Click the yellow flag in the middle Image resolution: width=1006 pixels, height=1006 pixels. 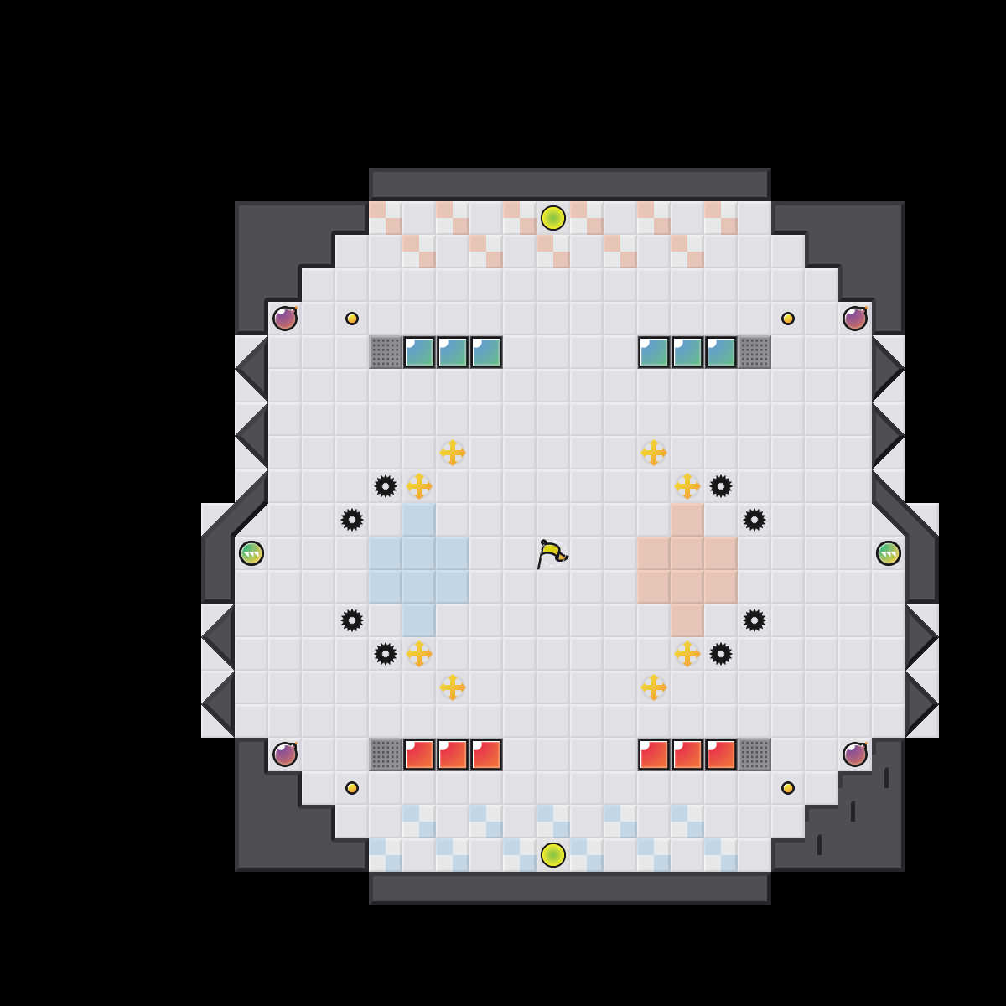(x=551, y=553)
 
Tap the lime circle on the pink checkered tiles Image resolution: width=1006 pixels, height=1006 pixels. (x=553, y=218)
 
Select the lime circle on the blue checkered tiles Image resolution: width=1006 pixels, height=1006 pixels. (x=553, y=855)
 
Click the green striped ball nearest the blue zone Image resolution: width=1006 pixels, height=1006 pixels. (x=251, y=553)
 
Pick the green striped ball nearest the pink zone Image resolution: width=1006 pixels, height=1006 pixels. (x=889, y=553)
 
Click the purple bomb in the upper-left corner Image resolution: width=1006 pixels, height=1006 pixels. (x=285, y=319)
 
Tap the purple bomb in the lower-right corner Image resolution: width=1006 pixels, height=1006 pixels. (x=855, y=754)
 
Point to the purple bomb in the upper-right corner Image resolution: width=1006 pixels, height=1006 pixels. (x=855, y=319)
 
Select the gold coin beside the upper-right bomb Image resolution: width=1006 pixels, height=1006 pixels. (x=788, y=319)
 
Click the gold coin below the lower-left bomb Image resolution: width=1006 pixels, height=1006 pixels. (x=352, y=788)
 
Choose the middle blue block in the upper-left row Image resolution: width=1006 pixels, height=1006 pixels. (x=453, y=352)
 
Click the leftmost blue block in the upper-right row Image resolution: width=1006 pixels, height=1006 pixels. (x=654, y=352)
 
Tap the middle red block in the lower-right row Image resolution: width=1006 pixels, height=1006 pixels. (x=687, y=754)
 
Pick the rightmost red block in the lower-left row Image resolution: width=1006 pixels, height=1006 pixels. (x=486, y=754)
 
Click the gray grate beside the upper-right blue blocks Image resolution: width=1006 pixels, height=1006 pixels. (x=754, y=352)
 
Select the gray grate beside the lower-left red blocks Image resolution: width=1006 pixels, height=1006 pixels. (x=386, y=754)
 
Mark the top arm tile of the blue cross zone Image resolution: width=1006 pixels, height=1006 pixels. (x=419, y=520)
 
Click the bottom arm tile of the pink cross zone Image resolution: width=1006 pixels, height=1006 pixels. (x=687, y=620)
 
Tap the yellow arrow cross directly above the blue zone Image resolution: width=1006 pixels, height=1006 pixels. (x=419, y=486)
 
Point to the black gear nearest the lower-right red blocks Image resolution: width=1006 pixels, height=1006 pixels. (x=721, y=654)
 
